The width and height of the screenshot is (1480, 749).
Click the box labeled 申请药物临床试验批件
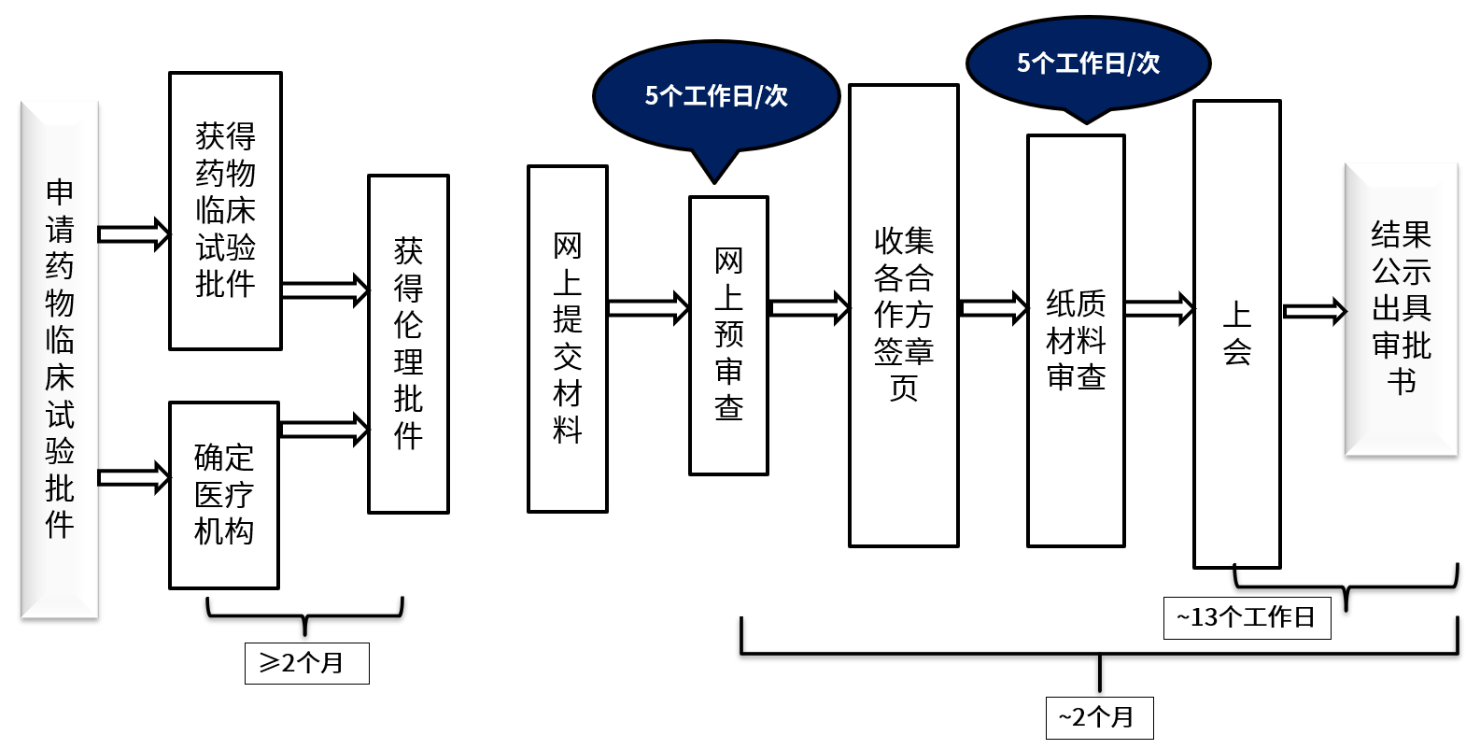click(59, 360)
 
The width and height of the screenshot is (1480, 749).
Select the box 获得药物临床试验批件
click(225, 211)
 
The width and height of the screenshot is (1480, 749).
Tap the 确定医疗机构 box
click(224, 495)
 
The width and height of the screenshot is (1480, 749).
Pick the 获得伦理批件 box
click(408, 344)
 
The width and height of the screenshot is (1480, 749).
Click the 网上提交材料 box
click(568, 339)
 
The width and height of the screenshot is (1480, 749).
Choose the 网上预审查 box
click(728, 335)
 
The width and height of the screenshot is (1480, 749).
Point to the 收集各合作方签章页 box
click(903, 316)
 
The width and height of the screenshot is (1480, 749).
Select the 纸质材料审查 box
click(1076, 341)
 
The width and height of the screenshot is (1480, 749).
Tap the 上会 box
click(1236, 333)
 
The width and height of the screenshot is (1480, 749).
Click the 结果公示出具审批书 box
click(1401, 309)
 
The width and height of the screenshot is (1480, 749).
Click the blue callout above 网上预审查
click(716, 96)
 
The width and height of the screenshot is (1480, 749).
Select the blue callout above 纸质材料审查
click(1088, 64)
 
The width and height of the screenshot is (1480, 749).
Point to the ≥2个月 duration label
click(306, 663)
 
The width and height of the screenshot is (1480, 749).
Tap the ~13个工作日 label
click(1247, 617)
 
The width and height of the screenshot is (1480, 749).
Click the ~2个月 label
click(1099, 717)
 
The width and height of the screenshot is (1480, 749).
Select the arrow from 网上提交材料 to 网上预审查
click(648, 308)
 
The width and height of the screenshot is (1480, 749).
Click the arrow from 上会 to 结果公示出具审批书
click(1314, 312)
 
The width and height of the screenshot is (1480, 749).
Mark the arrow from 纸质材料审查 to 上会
click(1159, 309)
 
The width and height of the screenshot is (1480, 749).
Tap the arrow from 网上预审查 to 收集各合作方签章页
click(809, 308)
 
